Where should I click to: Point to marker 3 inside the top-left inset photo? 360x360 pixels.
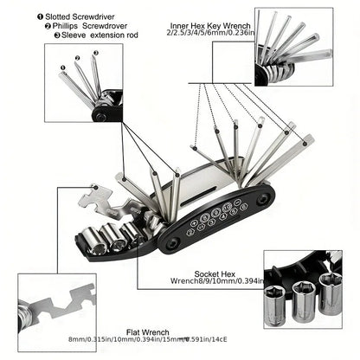(94, 53)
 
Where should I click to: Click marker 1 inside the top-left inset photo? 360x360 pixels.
(61, 66)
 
